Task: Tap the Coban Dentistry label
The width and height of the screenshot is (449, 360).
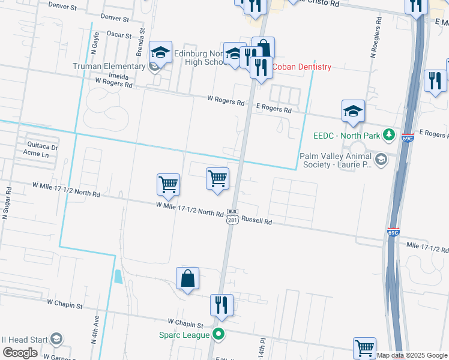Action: (302, 67)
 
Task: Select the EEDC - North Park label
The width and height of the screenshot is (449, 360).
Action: (347, 136)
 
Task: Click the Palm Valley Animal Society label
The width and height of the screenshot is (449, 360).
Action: (336, 160)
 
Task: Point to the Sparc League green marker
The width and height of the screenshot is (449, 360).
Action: (219, 335)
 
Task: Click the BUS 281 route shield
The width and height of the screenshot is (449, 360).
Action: (232, 216)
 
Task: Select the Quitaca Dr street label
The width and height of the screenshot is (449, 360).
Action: (42, 146)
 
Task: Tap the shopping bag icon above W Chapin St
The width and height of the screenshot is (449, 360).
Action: (187, 278)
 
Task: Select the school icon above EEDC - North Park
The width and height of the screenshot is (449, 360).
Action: (353, 110)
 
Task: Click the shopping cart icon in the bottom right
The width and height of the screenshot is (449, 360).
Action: (364, 347)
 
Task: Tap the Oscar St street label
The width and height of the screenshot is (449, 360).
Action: (119, 35)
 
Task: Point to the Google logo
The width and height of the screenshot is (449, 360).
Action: (20, 353)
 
